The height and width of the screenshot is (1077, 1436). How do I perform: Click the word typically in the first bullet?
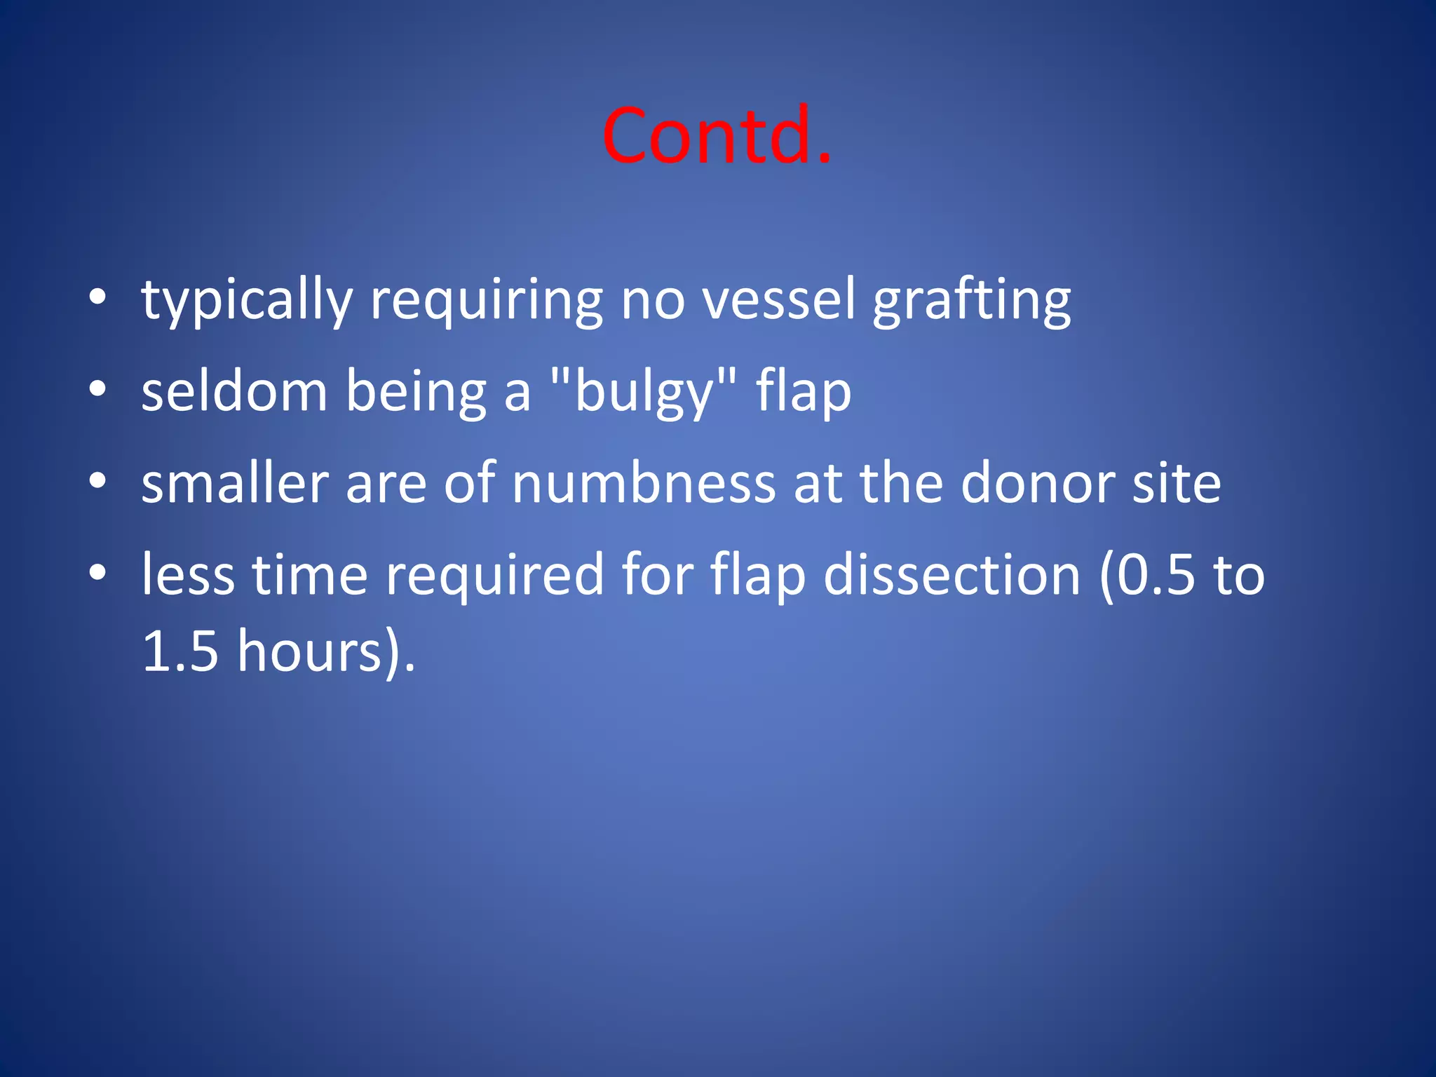[x=246, y=300]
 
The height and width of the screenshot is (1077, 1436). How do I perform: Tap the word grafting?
[x=971, y=300]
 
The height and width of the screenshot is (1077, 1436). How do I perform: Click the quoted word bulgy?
[x=643, y=392]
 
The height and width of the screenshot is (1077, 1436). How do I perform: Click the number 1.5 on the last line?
[x=180, y=651]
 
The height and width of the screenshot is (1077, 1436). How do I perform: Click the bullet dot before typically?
[x=97, y=297]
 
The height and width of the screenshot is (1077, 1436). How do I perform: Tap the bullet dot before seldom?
[x=97, y=389]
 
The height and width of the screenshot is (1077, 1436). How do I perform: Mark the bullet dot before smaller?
[x=97, y=481]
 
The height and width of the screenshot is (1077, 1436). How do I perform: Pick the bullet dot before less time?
[x=97, y=573]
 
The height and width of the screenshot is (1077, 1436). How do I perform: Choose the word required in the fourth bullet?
[x=494, y=575]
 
